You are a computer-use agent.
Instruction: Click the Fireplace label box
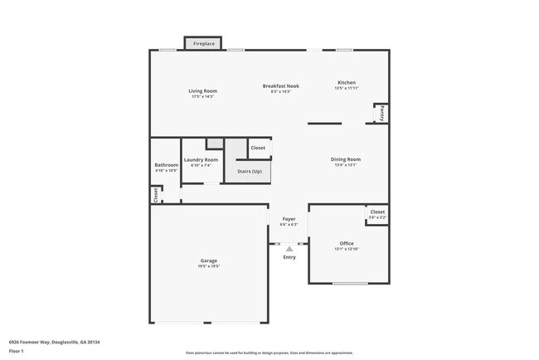pyautogui.click(x=203, y=43)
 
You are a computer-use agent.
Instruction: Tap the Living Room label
pyautogui.click(x=203, y=90)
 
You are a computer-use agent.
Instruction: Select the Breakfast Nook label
pyautogui.click(x=280, y=85)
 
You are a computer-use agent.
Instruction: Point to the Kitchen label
pyautogui.click(x=347, y=82)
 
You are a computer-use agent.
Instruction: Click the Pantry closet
pyautogui.click(x=381, y=114)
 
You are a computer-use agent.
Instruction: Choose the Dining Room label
pyautogui.click(x=345, y=159)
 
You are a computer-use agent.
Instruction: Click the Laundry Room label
pyautogui.click(x=201, y=159)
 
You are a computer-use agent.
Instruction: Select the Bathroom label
pyautogui.click(x=166, y=165)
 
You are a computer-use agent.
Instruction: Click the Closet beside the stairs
pyautogui.click(x=258, y=148)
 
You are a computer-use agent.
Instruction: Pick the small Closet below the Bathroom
pyautogui.click(x=155, y=194)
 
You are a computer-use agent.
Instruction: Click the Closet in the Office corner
pyautogui.click(x=377, y=213)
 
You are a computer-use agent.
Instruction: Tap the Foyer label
pyautogui.click(x=289, y=219)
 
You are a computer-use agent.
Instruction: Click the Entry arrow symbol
pyautogui.click(x=289, y=248)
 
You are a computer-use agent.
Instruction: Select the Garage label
pyautogui.click(x=209, y=260)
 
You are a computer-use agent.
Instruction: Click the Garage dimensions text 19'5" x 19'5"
pyautogui.click(x=209, y=267)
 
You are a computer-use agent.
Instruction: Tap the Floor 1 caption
pyautogui.click(x=17, y=351)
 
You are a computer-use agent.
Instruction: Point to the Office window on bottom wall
pyautogui.click(x=350, y=284)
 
